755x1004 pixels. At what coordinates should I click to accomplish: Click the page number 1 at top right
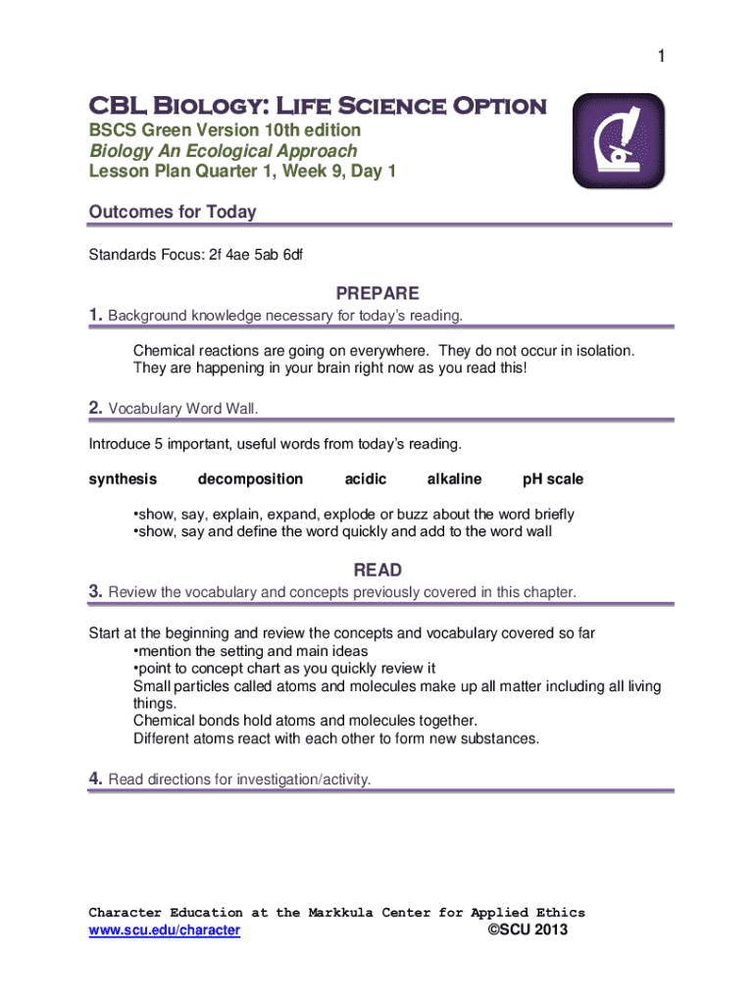(x=662, y=58)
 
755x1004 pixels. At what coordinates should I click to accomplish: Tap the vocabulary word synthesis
(x=123, y=479)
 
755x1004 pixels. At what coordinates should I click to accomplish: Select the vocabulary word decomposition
(x=250, y=479)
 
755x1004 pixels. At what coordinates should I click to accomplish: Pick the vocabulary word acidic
(x=366, y=479)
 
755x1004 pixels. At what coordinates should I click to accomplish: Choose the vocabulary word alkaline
(x=454, y=479)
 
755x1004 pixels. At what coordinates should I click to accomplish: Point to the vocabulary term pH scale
(x=553, y=479)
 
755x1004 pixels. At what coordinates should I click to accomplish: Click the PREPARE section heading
(x=377, y=293)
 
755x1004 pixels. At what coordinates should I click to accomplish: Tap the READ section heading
(x=377, y=571)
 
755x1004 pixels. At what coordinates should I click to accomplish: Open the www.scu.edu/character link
(x=165, y=930)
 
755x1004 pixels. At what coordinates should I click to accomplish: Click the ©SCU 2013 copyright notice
(x=528, y=930)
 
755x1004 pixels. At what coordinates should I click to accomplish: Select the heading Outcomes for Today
(x=173, y=212)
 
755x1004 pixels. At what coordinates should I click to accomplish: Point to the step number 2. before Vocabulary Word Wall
(x=96, y=408)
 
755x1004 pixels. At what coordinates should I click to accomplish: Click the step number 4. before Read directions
(x=96, y=779)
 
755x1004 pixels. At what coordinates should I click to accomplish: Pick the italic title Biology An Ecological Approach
(x=224, y=151)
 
